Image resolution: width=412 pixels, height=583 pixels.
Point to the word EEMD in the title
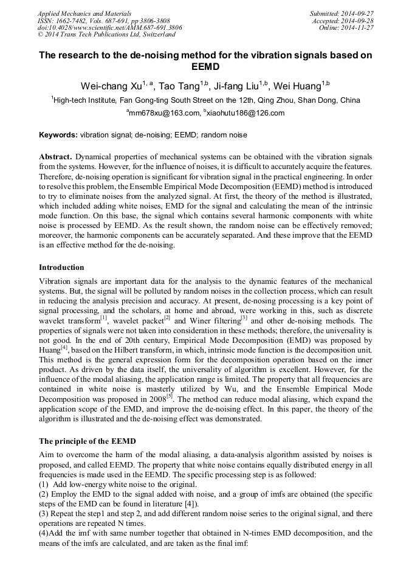(x=205, y=67)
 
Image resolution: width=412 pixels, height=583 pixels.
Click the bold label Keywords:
(x=58, y=135)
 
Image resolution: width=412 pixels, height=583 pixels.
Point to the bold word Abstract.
(x=55, y=156)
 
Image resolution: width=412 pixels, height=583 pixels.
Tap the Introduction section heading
(x=61, y=267)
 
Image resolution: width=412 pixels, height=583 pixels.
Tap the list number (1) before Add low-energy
(x=44, y=484)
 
